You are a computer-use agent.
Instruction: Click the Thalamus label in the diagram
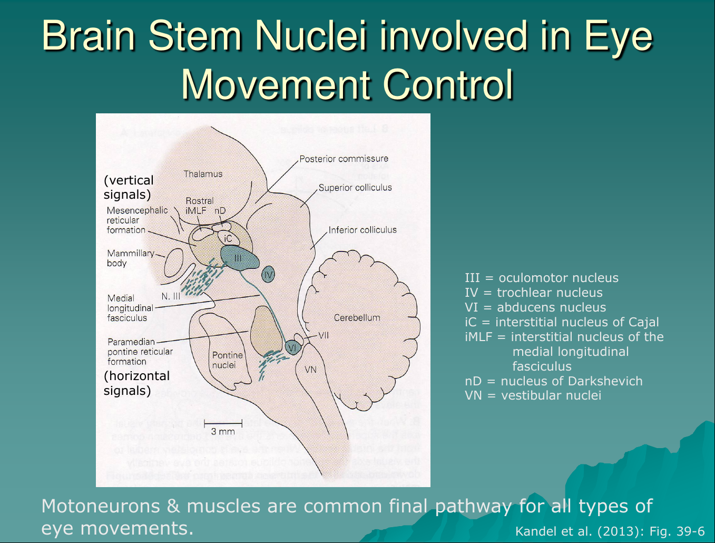[203, 174]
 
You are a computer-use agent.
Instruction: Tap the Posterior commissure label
[344, 159]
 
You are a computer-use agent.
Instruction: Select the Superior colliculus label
[355, 188]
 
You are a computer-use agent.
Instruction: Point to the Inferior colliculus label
[363, 230]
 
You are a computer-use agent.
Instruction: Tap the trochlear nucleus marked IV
[268, 275]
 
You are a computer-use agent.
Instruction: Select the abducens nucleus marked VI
[292, 347]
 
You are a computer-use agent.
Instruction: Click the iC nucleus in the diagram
[228, 239]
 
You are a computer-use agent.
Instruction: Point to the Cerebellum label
[357, 317]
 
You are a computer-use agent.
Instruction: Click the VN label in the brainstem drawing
[311, 370]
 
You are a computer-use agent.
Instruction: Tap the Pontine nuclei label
[227, 360]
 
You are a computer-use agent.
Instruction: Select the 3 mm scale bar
[223, 423]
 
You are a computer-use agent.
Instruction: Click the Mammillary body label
[131, 258]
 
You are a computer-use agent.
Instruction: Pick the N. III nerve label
[171, 296]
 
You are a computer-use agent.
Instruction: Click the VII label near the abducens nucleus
[323, 335]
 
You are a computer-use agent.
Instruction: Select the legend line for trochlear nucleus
[534, 293]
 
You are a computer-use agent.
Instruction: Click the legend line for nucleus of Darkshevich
[553, 381]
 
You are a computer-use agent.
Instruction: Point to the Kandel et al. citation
[610, 531]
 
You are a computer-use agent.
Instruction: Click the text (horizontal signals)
[136, 383]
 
